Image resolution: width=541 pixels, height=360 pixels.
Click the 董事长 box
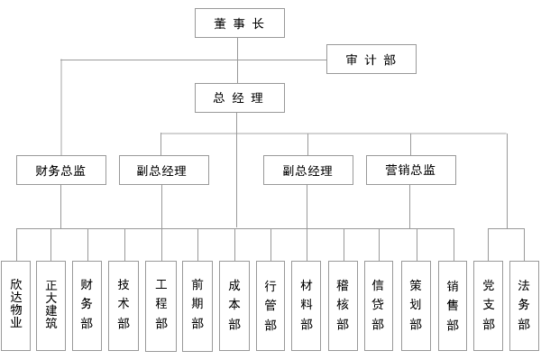click(x=239, y=23)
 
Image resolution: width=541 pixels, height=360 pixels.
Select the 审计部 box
click(x=371, y=60)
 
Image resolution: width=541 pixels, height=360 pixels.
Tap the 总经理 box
click(x=239, y=97)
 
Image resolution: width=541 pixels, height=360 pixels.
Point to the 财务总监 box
click(x=61, y=170)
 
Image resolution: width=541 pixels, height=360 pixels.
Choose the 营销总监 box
click(x=410, y=170)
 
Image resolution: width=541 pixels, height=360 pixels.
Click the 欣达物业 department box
click(x=16, y=304)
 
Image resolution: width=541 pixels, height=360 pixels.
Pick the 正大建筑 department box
click(x=51, y=304)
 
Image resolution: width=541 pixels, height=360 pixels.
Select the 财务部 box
click(x=87, y=304)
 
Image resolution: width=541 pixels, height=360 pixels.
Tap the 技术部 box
click(x=124, y=304)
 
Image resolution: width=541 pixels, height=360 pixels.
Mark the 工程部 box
click(x=161, y=304)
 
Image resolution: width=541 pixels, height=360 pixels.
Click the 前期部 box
click(x=197, y=304)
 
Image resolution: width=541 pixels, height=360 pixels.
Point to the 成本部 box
click(x=234, y=304)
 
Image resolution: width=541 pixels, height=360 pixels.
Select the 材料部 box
click(x=307, y=304)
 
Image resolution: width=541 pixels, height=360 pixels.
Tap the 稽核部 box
click(x=343, y=304)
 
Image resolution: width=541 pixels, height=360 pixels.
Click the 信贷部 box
click(x=379, y=304)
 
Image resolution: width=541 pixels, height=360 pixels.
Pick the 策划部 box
click(x=416, y=304)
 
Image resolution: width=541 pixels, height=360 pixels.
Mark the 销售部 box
click(x=453, y=304)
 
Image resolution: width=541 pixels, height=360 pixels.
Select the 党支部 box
click(x=489, y=304)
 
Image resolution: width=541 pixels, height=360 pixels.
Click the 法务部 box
click(x=524, y=304)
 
